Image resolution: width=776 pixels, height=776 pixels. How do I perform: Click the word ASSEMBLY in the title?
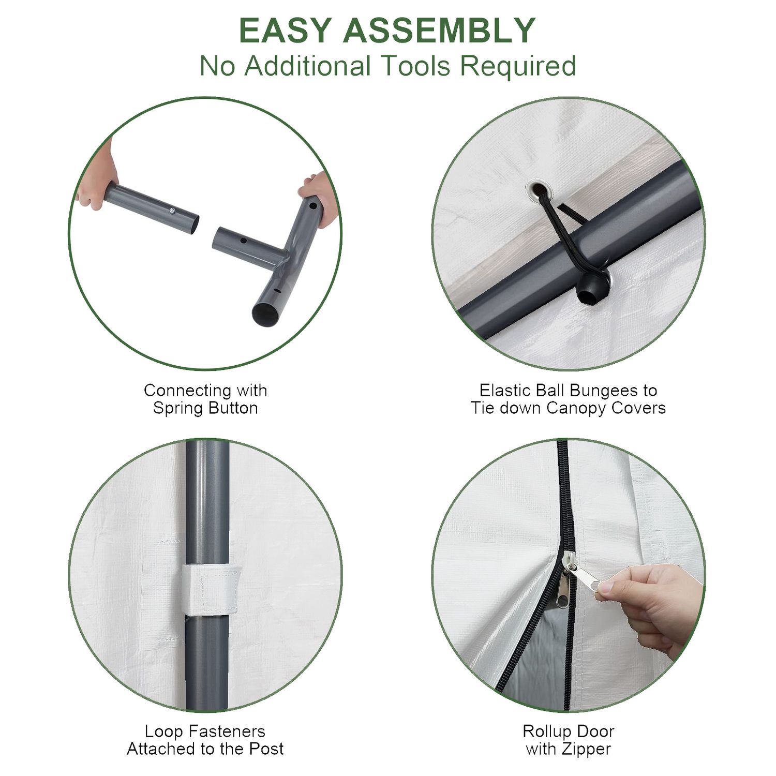[x=439, y=31]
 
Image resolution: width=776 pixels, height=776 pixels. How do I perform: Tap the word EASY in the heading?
[x=285, y=31]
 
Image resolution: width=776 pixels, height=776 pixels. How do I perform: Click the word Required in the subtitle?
[x=518, y=67]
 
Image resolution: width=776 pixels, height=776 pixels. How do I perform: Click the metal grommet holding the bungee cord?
[x=540, y=191]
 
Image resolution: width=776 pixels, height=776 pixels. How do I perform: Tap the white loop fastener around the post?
[x=210, y=590]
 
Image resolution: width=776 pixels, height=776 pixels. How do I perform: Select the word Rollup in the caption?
[x=545, y=732]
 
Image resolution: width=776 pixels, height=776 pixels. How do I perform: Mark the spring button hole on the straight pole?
[x=171, y=211]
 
